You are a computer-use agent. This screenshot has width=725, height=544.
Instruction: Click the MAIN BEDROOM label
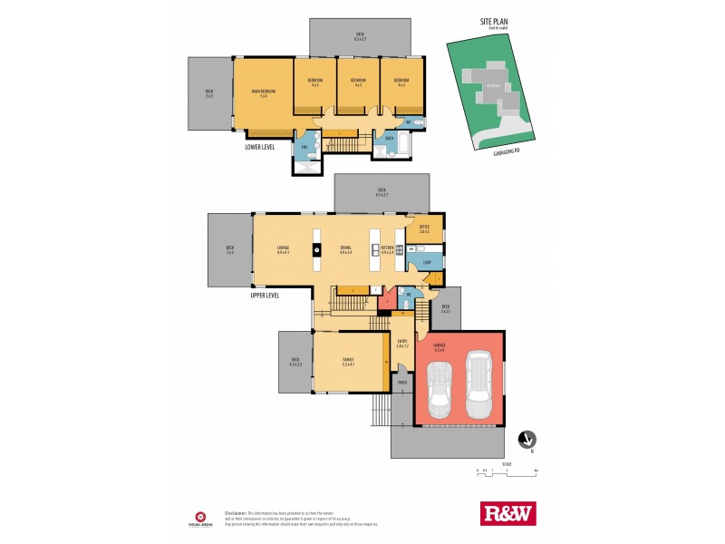point(263,92)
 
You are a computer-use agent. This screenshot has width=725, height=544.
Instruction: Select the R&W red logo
point(507,512)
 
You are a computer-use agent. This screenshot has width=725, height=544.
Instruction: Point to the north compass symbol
point(525,441)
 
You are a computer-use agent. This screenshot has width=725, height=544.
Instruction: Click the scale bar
point(507,471)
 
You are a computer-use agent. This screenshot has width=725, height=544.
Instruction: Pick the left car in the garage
point(440,388)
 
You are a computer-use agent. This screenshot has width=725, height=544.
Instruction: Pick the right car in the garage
point(479,380)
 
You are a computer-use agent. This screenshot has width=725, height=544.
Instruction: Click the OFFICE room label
point(424,228)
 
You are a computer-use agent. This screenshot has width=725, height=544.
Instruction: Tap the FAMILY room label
point(348,360)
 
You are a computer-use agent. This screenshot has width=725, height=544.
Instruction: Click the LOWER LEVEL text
point(260,145)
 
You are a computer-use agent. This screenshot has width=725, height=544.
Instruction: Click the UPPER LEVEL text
point(266,295)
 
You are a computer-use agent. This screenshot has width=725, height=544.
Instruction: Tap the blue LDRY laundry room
point(425,262)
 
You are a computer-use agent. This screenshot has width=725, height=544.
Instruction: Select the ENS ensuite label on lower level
point(304,147)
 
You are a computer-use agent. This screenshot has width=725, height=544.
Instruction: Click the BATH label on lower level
point(389,139)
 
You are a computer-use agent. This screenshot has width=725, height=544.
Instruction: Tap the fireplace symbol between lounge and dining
point(317,248)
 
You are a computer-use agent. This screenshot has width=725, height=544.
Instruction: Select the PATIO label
point(401,382)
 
